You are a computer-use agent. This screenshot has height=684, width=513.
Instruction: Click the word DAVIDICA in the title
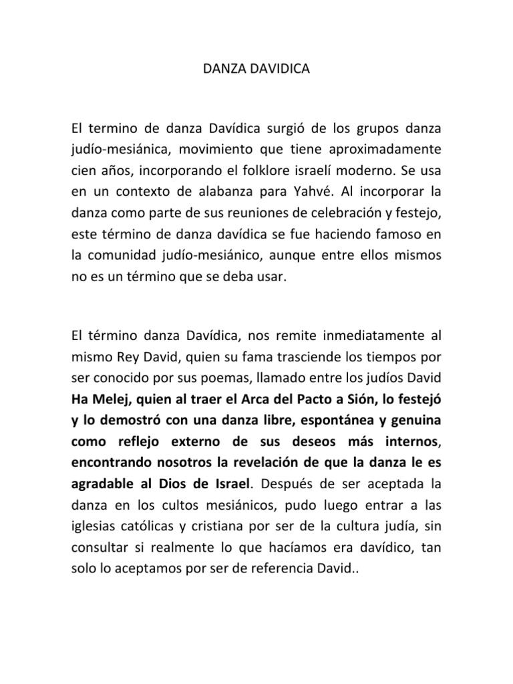[280, 68]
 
